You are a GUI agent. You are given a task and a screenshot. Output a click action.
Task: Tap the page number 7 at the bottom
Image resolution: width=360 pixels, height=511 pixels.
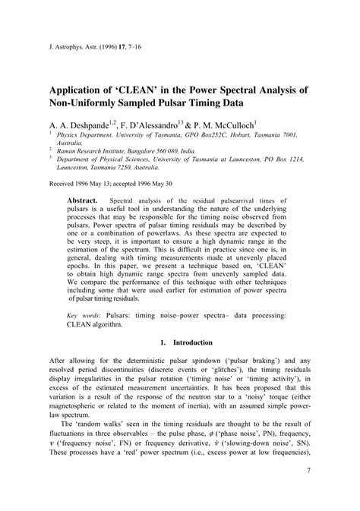pos(309,471)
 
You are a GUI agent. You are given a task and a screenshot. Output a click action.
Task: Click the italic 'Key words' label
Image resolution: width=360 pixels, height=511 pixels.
pos(83,335)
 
